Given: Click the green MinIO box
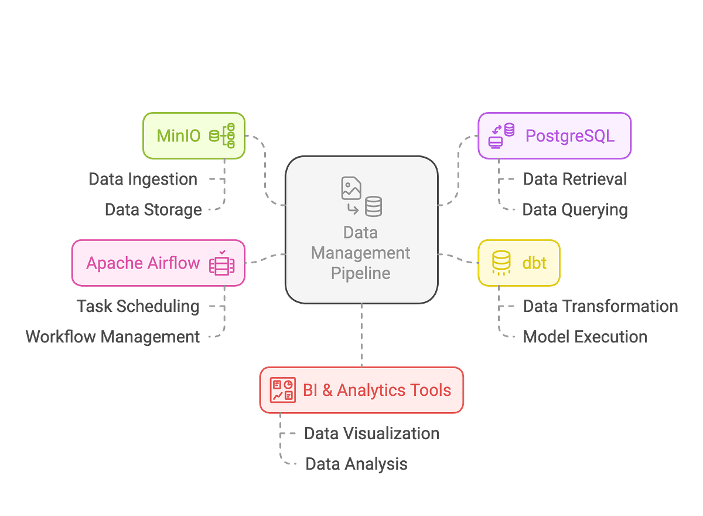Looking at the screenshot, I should (x=194, y=135).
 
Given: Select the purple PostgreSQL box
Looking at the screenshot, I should (x=554, y=135).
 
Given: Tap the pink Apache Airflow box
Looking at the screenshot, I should (x=158, y=263).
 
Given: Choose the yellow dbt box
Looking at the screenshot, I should (x=519, y=263).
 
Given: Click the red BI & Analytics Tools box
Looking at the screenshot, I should (x=361, y=390).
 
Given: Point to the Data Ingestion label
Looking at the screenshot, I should (x=143, y=179).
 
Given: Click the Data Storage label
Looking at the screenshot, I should (x=153, y=209).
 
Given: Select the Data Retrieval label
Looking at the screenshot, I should (x=574, y=179).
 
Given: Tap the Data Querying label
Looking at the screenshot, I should (x=575, y=209).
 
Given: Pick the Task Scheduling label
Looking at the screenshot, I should (x=138, y=306).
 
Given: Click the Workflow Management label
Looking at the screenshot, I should (x=113, y=337).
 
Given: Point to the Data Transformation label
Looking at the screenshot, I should (x=600, y=306).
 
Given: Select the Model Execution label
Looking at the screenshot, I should (x=585, y=337).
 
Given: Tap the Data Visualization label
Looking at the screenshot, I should (x=371, y=433).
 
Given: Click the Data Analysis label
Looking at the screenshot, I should (x=356, y=464).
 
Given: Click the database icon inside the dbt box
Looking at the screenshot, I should (x=501, y=263).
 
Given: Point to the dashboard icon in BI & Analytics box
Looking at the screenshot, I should (x=282, y=390).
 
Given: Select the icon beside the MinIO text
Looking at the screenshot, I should (x=223, y=135).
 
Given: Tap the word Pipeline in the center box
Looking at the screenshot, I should (x=360, y=273).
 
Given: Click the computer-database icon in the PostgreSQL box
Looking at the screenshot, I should (x=501, y=135).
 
